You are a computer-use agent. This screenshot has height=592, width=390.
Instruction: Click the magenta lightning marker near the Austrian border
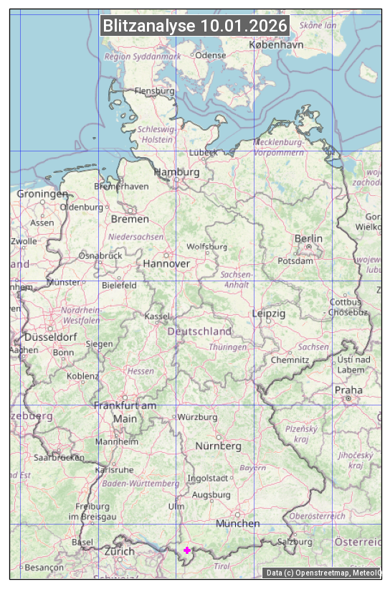(x=187, y=550)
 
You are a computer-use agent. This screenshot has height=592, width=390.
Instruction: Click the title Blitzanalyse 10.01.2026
(x=195, y=26)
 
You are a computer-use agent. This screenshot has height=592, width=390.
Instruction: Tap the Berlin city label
(x=308, y=238)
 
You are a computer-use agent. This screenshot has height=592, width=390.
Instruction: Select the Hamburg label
(x=176, y=172)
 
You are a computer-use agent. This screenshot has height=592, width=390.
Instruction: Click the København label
(x=276, y=44)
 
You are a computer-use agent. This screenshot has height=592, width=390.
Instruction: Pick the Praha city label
(x=348, y=390)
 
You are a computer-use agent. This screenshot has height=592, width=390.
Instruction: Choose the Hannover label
(x=166, y=263)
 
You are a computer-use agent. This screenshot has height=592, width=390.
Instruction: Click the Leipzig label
(x=269, y=314)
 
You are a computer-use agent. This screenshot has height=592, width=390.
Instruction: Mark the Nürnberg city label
(x=219, y=446)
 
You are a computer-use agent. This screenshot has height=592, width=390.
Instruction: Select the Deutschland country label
(x=199, y=332)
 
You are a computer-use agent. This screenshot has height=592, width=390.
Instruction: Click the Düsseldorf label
(x=50, y=337)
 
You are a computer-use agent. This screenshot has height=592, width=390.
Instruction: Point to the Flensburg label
(x=154, y=91)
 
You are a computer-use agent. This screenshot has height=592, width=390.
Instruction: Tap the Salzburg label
(x=295, y=542)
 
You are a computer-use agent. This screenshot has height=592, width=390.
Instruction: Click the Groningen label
(x=42, y=194)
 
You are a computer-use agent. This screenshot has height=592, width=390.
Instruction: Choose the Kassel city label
(x=157, y=316)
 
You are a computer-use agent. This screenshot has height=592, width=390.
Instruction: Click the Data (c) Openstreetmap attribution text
(x=322, y=573)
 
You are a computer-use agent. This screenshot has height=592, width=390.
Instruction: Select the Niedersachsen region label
(x=136, y=236)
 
